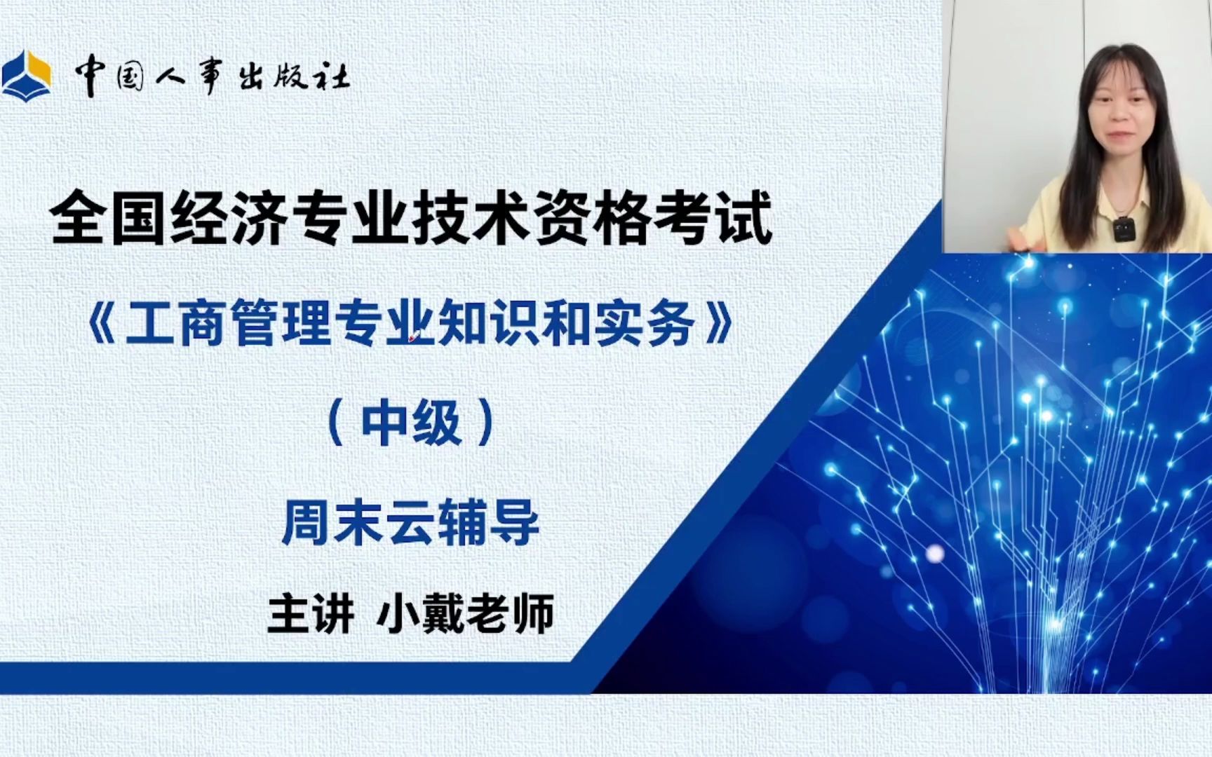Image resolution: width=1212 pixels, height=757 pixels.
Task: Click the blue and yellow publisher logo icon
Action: tap(27, 76)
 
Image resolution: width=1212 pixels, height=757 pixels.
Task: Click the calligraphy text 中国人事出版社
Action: tap(212, 75)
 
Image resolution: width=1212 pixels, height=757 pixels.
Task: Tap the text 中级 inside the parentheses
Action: tap(411, 423)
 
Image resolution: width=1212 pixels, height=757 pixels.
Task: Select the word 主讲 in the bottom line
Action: tap(310, 614)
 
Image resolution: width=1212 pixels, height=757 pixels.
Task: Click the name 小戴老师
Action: tap(465, 614)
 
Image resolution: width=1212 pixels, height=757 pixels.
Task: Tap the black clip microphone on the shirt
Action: tap(1124, 229)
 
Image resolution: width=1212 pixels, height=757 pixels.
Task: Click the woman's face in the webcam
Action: tap(1122, 112)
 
